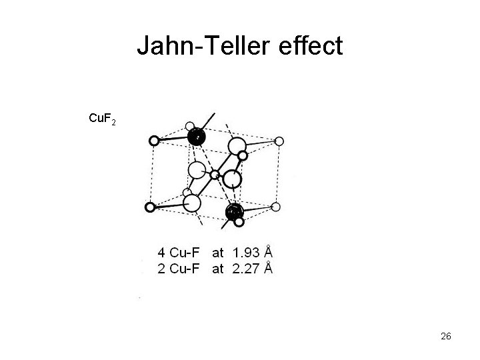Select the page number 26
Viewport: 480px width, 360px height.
446,337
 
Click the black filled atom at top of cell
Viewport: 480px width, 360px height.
197,137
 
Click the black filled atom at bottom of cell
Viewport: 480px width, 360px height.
234,212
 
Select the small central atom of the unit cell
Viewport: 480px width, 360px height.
215,175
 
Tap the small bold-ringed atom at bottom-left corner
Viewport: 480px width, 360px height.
150,207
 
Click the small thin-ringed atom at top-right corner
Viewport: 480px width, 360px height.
279,141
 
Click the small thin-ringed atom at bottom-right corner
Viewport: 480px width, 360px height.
275,207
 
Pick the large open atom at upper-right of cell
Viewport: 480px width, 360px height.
237,145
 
